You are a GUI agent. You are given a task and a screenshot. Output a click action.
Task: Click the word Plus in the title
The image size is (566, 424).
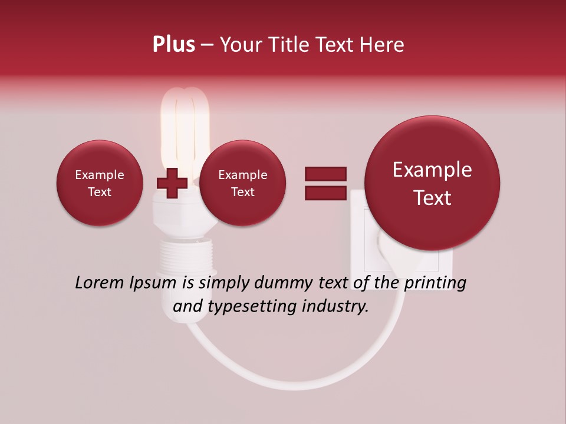[173, 45]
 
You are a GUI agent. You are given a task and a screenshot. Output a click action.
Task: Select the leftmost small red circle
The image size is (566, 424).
[99, 183]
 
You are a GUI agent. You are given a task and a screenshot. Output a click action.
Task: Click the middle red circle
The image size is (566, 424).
[242, 183]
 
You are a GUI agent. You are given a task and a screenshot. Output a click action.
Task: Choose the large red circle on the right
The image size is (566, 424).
[432, 183]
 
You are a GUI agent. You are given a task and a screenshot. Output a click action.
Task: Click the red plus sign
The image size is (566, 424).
[172, 184]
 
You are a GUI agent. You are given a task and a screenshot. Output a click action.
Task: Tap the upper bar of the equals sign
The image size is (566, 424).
[325, 174]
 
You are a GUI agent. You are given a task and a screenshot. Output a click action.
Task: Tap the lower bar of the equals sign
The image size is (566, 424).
[325, 193]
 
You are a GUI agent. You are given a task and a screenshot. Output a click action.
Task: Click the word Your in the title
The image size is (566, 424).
[240, 45]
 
